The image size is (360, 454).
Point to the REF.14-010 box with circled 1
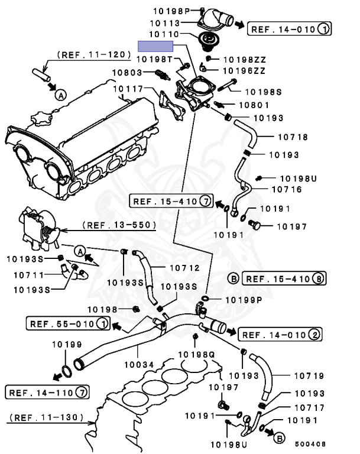pyautogui.click(x=290, y=28)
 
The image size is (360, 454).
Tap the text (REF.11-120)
pyautogui.click(x=94, y=54)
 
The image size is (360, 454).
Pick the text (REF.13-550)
pyautogui.click(x=119, y=225)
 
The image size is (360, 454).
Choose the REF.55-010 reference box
pyautogui.click(x=68, y=323)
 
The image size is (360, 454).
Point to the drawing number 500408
pyautogui.click(x=311, y=443)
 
